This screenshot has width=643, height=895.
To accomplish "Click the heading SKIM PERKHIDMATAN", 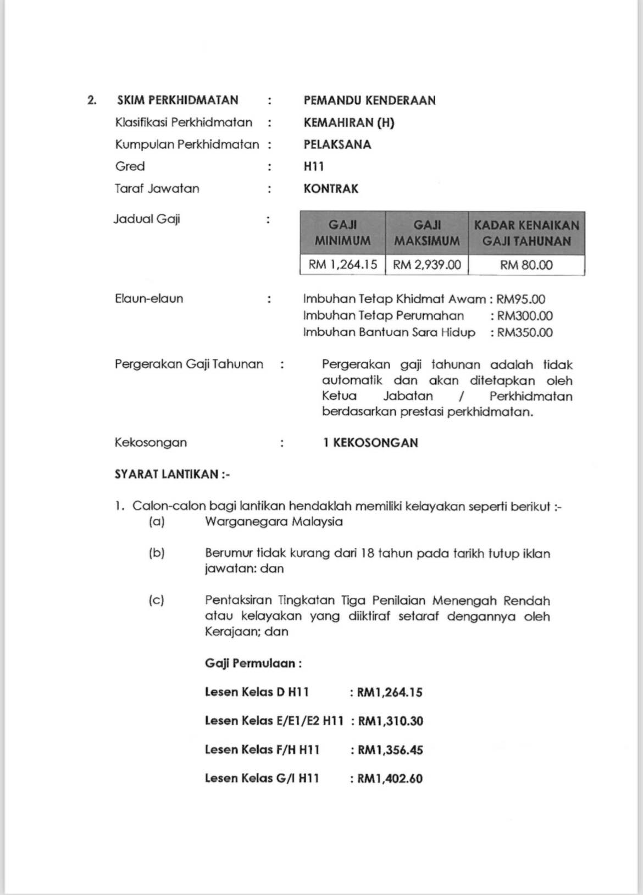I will [x=178, y=101].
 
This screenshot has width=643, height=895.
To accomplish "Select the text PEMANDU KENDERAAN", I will [x=369, y=101].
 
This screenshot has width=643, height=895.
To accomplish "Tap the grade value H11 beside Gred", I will [x=314, y=166].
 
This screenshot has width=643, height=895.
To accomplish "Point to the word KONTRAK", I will [x=331, y=189].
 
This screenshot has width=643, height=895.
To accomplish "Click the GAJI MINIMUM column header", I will [x=342, y=233].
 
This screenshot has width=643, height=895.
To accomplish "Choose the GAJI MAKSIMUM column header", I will [x=427, y=233].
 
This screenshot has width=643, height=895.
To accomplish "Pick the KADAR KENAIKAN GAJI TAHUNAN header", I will [x=526, y=233].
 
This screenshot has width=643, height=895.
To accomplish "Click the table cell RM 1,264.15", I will [x=343, y=265].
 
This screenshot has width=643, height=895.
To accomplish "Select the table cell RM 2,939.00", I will [x=427, y=265].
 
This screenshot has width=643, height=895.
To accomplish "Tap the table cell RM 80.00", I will [x=526, y=265].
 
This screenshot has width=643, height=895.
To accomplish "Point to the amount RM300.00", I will [x=525, y=316].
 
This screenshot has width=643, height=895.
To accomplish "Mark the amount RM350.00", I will [x=525, y=332].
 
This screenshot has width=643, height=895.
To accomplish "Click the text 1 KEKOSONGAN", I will [x=370, y=443].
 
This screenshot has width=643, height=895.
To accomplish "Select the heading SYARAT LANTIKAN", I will [x=172, y=475].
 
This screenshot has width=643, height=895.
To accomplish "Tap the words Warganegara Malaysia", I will [x=274, y=521].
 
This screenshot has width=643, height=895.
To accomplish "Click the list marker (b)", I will [x=157, y=553].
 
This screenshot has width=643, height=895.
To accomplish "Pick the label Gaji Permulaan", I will [x=253, y=663].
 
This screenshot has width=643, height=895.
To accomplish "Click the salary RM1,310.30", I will [x=391, y=721].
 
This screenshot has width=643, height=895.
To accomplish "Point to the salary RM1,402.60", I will [x=390, y=779].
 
